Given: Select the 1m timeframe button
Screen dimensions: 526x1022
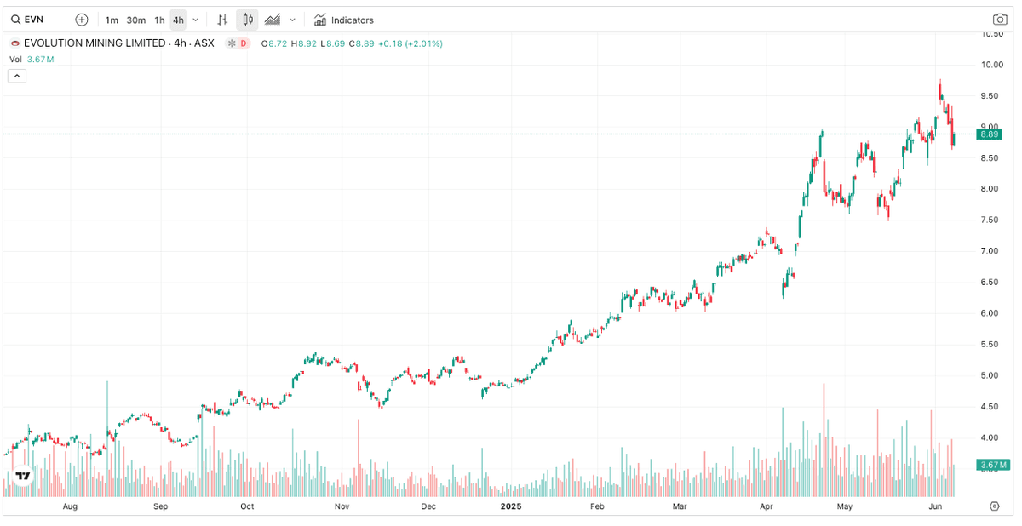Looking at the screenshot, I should [x=112, y=20].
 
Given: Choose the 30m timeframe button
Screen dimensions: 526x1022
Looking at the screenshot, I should [x=135, y=20].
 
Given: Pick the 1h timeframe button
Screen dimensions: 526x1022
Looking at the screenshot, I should [x=159, y=20].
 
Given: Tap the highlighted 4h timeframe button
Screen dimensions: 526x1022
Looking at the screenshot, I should [x=178, y=20].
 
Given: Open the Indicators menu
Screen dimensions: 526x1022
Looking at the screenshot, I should [x=344, y=20].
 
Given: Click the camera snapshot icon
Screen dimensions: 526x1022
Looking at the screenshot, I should [x=1000, y=20].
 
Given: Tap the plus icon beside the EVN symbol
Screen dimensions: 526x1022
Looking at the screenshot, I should [x=81, y=20].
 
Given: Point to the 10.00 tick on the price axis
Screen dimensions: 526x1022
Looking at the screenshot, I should [x=990, y=65].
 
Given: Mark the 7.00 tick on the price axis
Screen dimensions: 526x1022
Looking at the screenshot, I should [x=990, y=251].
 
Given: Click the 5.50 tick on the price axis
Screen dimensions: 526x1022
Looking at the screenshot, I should [x=990, y=344].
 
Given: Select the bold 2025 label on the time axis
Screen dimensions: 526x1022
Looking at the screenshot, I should [x=511, y=506].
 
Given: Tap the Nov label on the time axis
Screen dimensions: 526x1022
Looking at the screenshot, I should [x=342, y=506].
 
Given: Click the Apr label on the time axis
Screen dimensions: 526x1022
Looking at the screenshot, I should [x=766, y=506].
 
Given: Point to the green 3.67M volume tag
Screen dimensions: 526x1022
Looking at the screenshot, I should [x=992, y=465].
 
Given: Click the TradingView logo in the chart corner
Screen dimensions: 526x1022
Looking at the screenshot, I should [x=23, y=476].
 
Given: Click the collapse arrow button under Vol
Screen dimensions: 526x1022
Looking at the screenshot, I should [x=17, y=76].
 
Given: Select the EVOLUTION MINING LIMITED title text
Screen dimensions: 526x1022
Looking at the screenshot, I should [x=94, y=43].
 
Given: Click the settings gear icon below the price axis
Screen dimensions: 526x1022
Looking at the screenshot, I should [x=994, y=506].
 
